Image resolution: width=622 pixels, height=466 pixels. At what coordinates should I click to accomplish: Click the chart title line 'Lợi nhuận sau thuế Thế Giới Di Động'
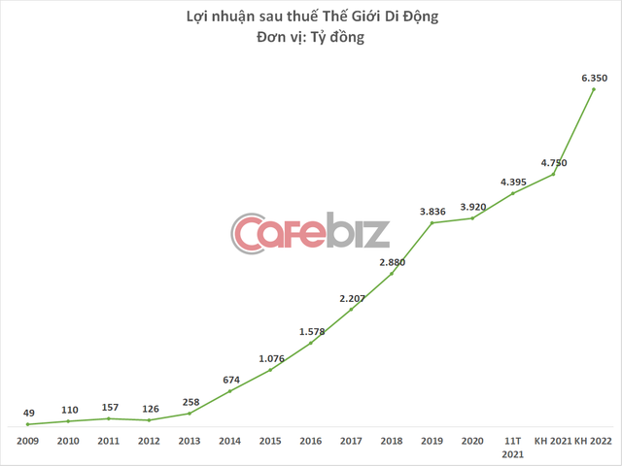tap(310, 17)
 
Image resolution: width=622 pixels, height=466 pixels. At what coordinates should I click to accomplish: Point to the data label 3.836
tap(432, 210)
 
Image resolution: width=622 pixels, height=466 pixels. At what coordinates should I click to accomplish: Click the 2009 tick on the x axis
tap(27, 441)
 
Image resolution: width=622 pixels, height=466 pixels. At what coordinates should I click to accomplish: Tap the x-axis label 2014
tap(229, 441)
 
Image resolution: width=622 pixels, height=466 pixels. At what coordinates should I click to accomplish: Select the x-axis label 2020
tap(472, 441)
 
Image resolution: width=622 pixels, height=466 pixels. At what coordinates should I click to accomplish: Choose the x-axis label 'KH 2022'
tap(595, 441)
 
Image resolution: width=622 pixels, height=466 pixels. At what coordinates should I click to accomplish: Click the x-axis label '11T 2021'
tap(513, 447)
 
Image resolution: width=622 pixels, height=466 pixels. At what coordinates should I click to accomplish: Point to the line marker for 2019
tap(432, 222)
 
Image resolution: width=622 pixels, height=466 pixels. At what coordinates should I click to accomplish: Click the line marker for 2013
tap(190, 414)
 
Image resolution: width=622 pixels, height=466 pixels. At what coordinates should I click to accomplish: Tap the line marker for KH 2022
tap(595, 88)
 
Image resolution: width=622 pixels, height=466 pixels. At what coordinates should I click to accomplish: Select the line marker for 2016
tap(311, 343)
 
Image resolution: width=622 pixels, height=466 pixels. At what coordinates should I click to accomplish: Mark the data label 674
tap(230, 379)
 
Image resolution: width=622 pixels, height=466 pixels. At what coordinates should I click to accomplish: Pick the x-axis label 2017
tap(351, 441)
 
